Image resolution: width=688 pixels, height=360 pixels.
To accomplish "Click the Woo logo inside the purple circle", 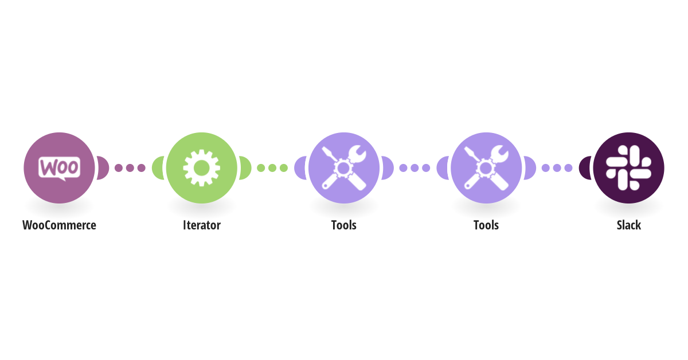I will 59,167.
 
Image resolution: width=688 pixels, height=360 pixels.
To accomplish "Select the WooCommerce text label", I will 59,225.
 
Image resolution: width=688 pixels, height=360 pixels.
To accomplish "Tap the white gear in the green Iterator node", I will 201,167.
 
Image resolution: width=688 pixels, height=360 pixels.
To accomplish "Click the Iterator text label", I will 201,225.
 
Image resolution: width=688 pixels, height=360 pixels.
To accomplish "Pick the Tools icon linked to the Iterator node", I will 343,167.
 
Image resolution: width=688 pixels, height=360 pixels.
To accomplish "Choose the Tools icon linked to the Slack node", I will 486,167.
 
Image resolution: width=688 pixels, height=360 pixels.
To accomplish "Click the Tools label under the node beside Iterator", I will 343,225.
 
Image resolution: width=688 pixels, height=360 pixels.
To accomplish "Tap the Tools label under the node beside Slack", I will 486,225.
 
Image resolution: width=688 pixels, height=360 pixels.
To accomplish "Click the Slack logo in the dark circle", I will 628,167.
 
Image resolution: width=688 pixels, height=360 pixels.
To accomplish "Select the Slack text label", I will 628,225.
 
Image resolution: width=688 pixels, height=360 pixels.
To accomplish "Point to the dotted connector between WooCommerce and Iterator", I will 130,168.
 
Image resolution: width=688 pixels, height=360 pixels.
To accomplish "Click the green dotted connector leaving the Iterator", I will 272,168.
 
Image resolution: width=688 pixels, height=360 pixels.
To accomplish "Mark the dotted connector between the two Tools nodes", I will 415,168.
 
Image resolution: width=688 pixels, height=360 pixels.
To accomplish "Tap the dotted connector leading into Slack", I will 557,168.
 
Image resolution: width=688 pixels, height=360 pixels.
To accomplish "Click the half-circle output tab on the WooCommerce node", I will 102,168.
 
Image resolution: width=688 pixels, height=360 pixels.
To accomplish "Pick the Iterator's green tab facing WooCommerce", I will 158,168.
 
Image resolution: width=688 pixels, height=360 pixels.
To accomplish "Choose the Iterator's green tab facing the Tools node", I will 244,168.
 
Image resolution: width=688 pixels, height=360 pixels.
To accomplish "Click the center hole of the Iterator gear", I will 201,167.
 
